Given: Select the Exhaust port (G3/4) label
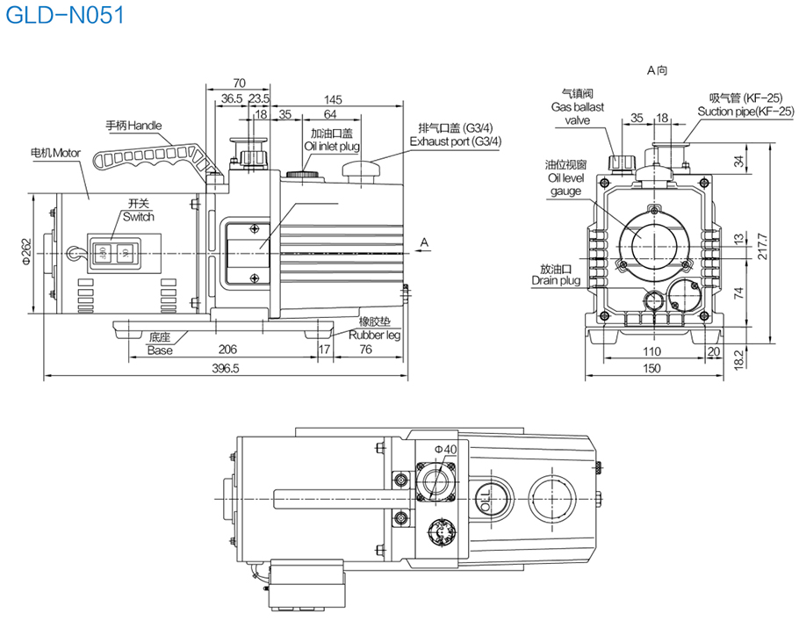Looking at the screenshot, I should (x=457, y=141).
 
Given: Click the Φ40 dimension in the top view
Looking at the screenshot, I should (x=447, y=449).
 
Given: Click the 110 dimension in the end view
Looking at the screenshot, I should (x=651, y=351).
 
